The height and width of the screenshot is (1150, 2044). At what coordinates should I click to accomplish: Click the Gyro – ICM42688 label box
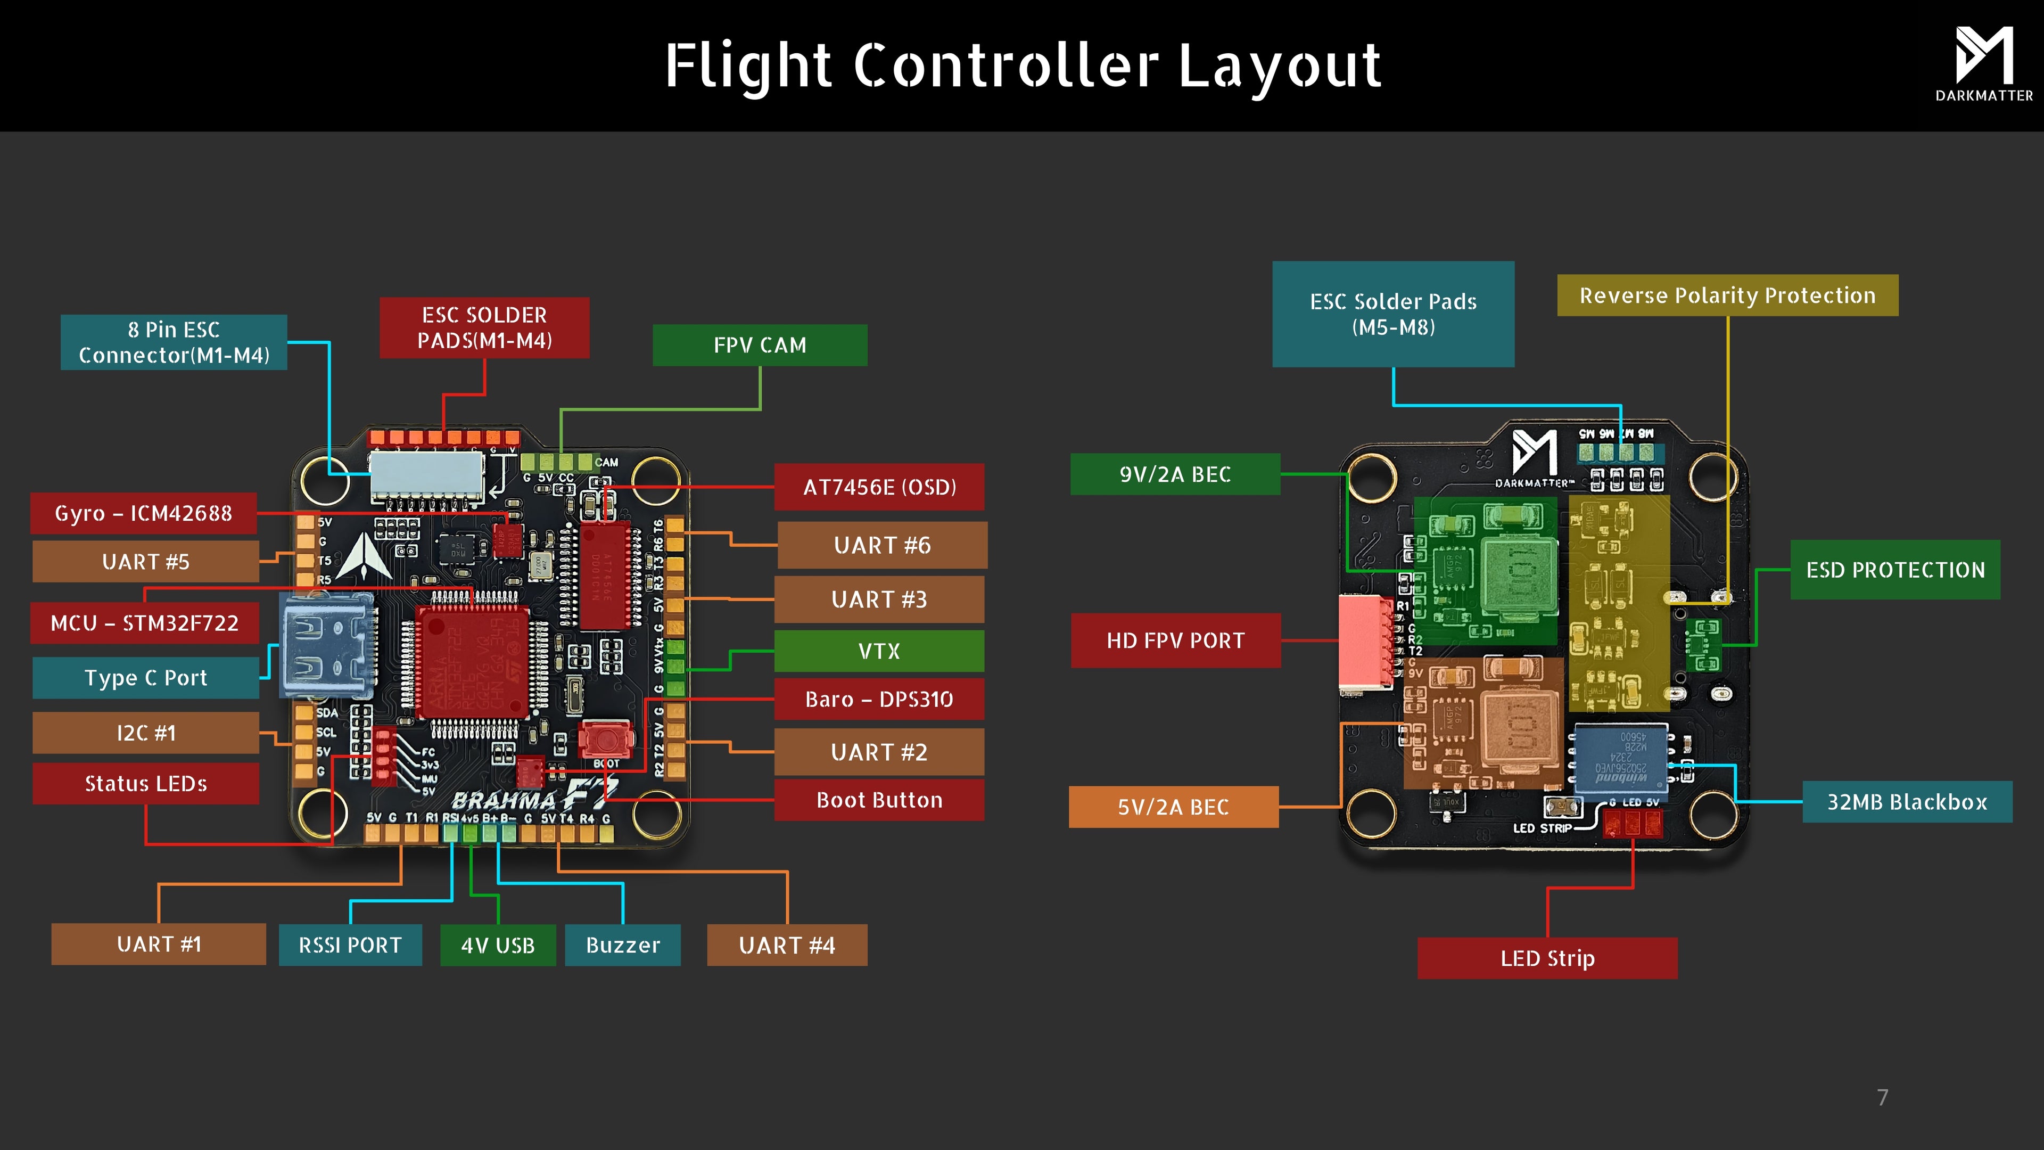point(144,513)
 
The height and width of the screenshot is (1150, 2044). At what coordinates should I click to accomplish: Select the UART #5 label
point(146,562)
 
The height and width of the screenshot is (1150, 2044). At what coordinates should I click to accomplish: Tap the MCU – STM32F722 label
point(144,623)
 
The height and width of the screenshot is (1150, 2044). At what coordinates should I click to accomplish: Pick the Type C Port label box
point(146,678)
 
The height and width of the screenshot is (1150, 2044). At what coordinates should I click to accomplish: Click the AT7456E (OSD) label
point(879,487)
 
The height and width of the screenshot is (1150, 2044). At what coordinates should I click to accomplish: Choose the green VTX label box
point(879,651)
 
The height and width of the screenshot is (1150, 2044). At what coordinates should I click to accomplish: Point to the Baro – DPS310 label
point(879,699)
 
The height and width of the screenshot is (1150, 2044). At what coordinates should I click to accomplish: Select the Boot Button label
point(879,800)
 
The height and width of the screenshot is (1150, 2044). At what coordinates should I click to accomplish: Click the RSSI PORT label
point(350,945)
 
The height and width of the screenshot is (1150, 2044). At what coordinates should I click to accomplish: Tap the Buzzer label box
point(623,945)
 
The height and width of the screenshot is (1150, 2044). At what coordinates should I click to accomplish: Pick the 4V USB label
point(498,945)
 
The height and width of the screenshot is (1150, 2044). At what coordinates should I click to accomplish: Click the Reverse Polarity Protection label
point(1727,295)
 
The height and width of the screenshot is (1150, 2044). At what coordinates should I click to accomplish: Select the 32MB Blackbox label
point(1907,802)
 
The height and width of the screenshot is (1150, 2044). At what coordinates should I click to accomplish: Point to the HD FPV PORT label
point(1175,640)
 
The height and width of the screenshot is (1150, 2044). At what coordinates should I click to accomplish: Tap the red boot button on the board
point(605,740)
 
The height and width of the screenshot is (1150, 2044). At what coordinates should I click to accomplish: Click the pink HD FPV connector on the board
point(1365,641)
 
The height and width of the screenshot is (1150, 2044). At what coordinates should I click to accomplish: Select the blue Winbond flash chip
point(1620,759)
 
